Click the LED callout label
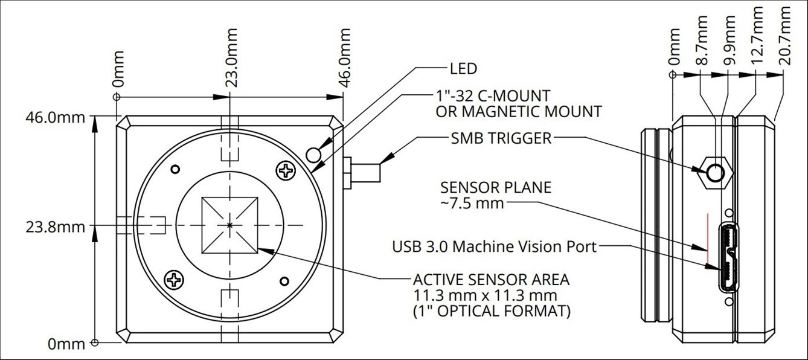(464, 68)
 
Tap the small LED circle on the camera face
(313, 155)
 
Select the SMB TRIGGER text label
(501, 138)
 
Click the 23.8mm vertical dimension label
(56, 228)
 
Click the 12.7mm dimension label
(757, 36)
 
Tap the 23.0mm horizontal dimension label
(231, 58)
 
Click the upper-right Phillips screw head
(286, 170)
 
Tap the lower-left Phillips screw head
(174, 280)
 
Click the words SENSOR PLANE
(496, 188)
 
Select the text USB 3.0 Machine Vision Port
(495, 246)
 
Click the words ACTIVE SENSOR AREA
(492, 280)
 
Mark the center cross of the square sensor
(229, 225)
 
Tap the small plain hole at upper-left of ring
(175, 169)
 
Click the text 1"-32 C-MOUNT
(493, 96)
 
